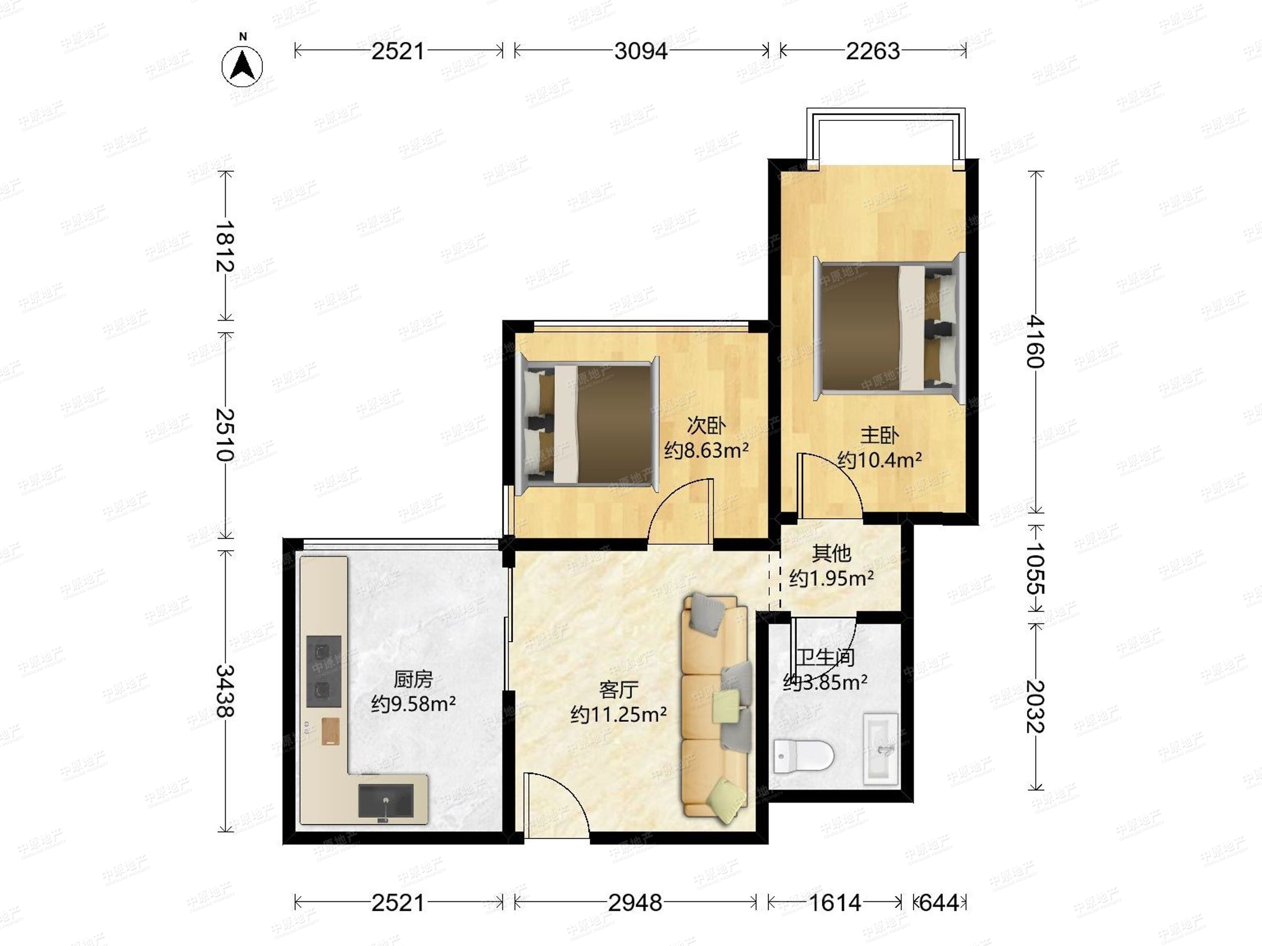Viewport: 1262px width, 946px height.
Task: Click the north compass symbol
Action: click(242, 64)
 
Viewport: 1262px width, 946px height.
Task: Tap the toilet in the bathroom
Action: click(803, 756)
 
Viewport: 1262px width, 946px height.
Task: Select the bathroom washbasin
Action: click(881, 748)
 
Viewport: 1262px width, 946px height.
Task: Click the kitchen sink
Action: click(385, 800)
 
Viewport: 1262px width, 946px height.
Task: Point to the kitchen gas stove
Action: click(324, 672)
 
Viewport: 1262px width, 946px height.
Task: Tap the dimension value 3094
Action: click(640, 52)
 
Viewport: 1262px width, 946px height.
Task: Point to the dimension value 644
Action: click(939, 903)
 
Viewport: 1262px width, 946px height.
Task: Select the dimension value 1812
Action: click(226, 246)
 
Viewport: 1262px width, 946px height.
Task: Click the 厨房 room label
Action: click(413, 679)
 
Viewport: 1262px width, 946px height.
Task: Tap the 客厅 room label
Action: click(618, 690)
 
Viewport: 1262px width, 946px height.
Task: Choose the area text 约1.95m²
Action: click(831, 578)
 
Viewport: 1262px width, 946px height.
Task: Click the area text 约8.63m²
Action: click(706, 450)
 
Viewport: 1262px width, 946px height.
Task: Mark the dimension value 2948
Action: click(635, 903)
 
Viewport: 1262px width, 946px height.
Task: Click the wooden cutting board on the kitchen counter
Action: click(330, 731)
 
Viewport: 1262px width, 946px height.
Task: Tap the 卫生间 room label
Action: click(826, 657)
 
